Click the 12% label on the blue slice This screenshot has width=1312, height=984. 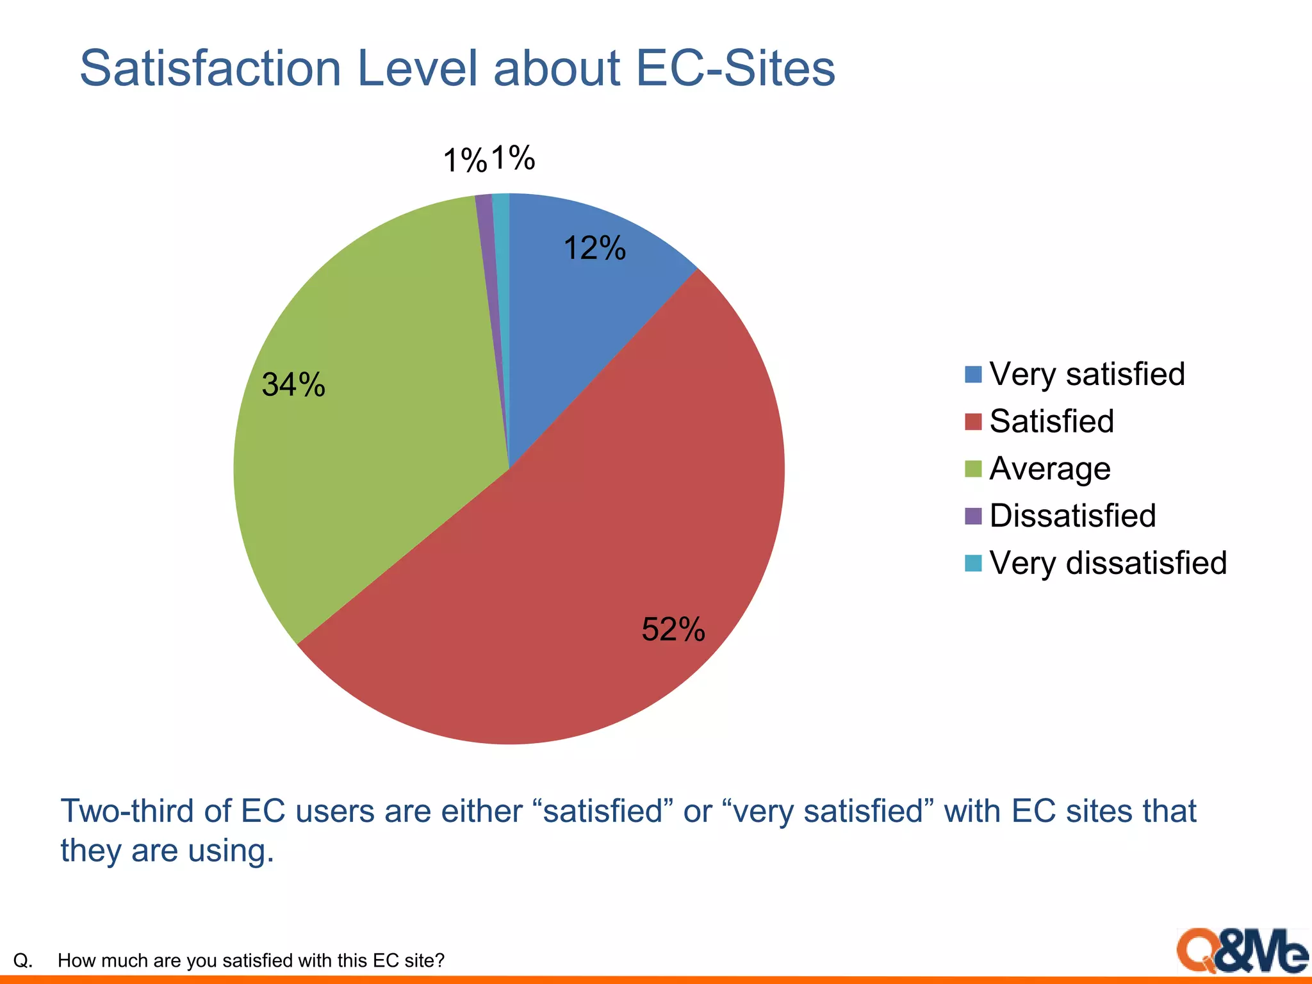[594, 248]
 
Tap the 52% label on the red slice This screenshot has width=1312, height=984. [673, 629]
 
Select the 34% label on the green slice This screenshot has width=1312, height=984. [293, 385]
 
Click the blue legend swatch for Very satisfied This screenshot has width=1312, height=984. [973, 374]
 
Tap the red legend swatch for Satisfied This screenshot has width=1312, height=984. [973, 422]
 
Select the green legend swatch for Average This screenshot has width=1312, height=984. [973, 469]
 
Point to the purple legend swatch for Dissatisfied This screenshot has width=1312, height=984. [973, 516]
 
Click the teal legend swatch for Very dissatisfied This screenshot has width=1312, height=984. [973, 563]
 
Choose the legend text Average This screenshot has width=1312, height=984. [1050, 469]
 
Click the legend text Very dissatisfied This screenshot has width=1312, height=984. [1108, 563]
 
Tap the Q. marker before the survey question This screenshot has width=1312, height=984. [23, 960]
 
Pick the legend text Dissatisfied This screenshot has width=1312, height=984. [1072, 516]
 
